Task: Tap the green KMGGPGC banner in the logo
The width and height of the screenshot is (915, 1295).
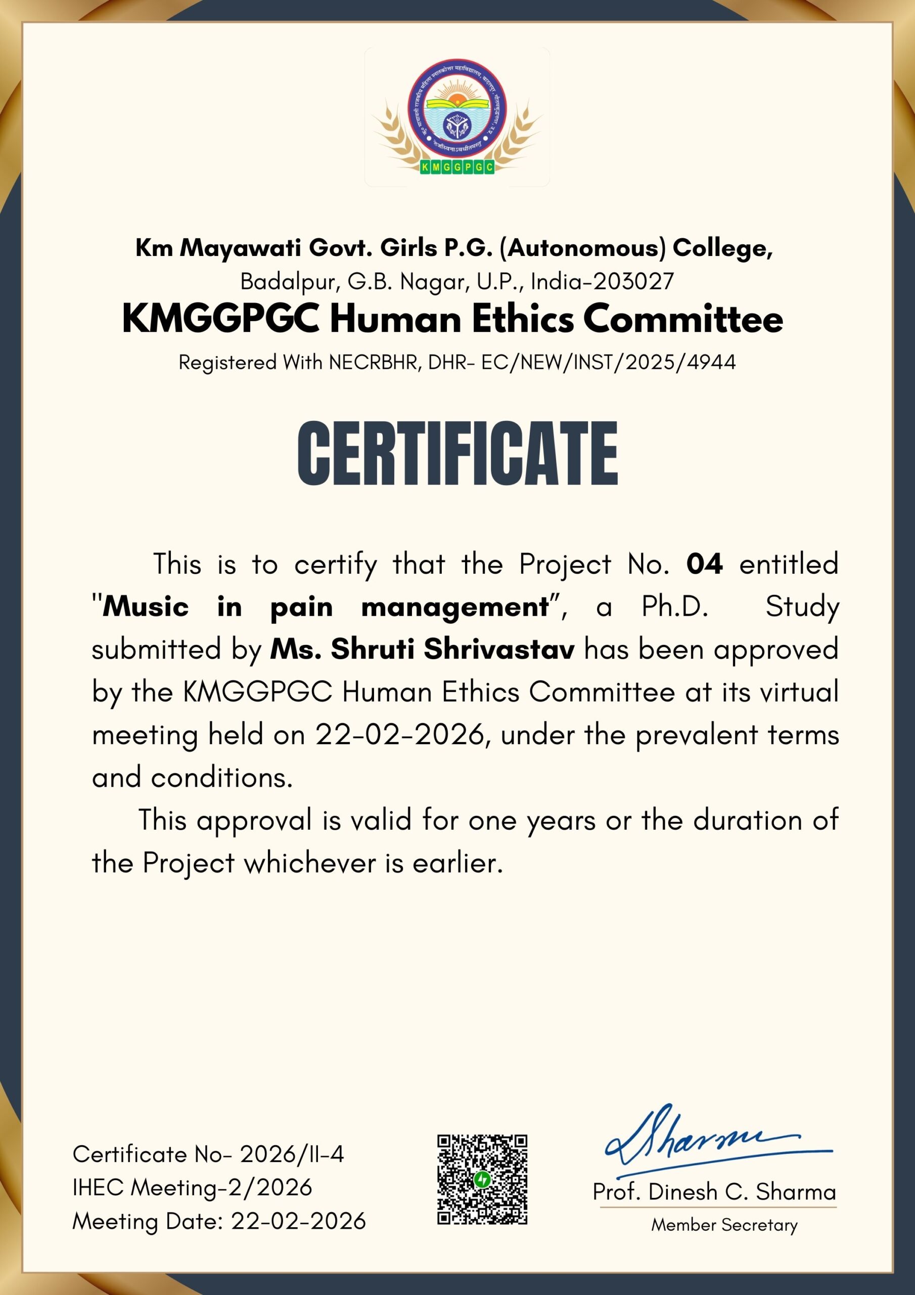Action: click(x=457, y=167)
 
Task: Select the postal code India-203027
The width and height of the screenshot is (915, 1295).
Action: click(x=602, y=281)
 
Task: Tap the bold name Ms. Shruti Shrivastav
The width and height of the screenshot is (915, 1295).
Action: click(x=422, y=649)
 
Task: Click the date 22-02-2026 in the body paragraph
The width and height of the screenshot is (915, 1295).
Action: click(x=399, y=735)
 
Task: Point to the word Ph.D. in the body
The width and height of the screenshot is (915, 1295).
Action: click(x=675, y=607)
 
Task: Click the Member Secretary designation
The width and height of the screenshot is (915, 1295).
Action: click(x=724, y=1225)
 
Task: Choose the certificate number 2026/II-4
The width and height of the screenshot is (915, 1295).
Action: click(x=292, y=1154)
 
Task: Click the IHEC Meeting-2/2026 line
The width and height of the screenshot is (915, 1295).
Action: click(x=192, y=1188)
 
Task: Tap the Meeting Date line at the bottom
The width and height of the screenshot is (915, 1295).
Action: click(x=219, y=1221)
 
